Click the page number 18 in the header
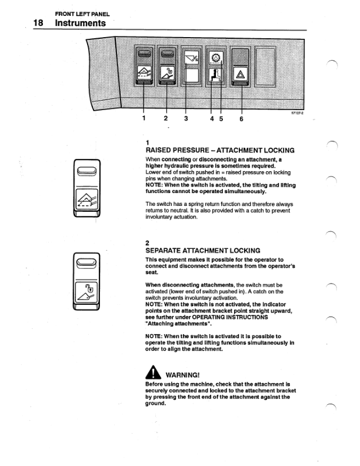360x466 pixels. point(39,23)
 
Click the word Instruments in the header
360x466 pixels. point(80,23)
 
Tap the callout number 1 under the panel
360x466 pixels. point(144,118)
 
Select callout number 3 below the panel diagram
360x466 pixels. point(186,118)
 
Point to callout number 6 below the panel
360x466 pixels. point(241,118)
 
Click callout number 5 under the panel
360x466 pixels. point(221,118)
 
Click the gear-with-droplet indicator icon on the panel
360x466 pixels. point(216,58)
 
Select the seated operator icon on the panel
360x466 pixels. point(216,75)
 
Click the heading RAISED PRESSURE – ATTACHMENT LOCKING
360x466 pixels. point(219,151)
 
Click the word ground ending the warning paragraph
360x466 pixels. point(156,404)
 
